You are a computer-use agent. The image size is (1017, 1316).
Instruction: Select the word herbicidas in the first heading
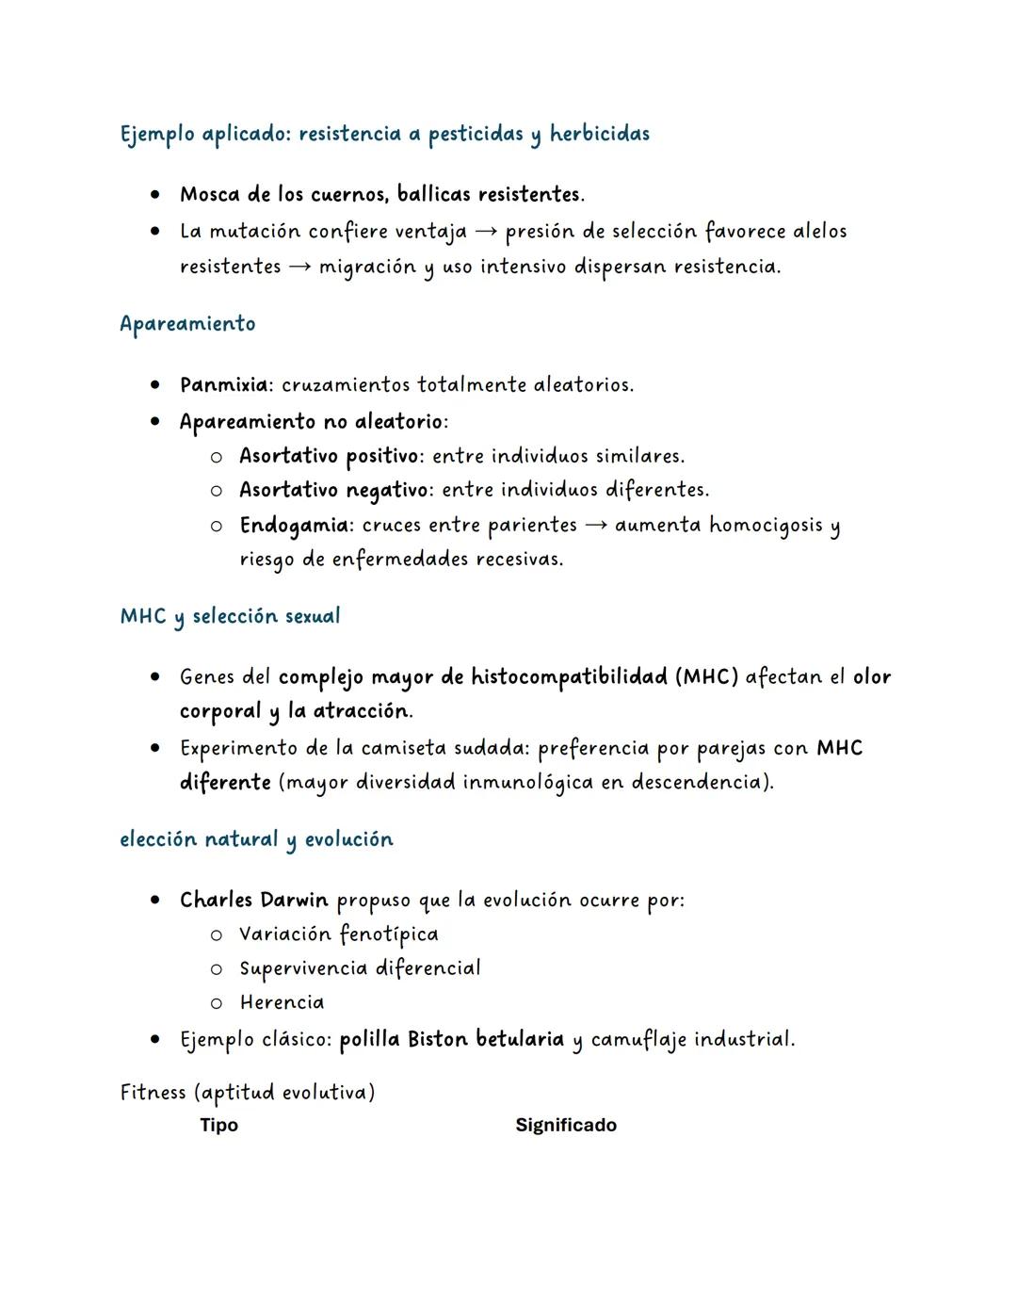pyautogui.click(x=600, y=134)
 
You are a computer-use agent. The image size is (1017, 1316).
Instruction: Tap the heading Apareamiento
pyautogui.click(x=187, y=324)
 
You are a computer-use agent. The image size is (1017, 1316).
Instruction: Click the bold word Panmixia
pyautogui.click(x=224, y=385)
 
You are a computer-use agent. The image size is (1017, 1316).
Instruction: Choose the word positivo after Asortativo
pyautogui.click(x=382, y=457)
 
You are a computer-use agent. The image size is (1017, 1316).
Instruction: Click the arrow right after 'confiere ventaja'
pyautogui.click(x=486, y=232)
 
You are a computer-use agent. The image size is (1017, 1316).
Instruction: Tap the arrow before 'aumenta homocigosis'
pyautogui.click(x=596, y=525)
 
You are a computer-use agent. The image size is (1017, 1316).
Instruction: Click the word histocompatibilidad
pyautogui.click(x=569, y=677)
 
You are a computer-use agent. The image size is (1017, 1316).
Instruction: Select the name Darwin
pyautogui.click(x=295, y=901)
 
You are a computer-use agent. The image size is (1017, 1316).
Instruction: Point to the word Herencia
pyautogui.click(x=282, y=1003)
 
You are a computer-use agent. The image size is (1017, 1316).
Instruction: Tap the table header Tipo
pyautogui.click(x=218, y=1126)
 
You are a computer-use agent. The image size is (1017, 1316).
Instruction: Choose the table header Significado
pyautogui.click(x=566, y=1126)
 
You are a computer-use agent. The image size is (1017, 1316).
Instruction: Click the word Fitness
pyautogui.click(x=153, y=1093)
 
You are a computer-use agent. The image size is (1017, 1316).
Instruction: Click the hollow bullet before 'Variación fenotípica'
pyautogui.click(x=217, y=935)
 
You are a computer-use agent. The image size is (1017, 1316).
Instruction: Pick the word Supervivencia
pyautogui.click(x=303, y=969)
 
